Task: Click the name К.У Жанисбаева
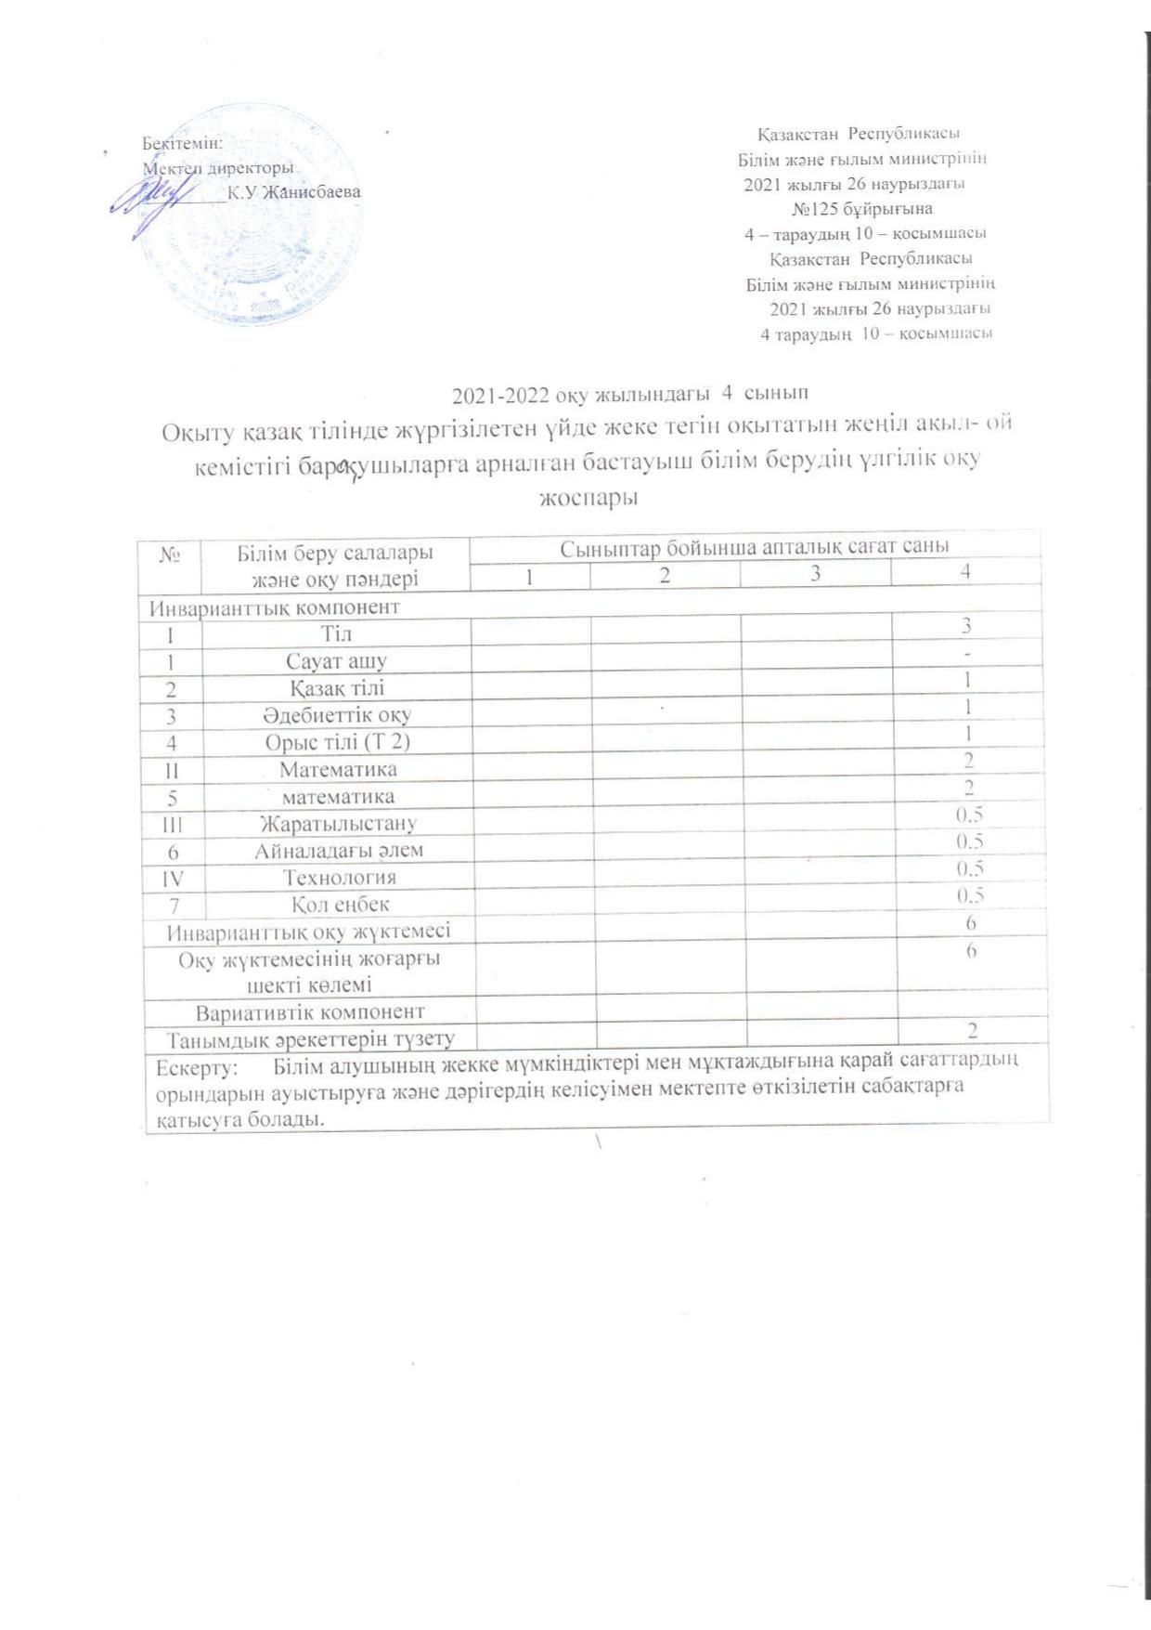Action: [294, 192]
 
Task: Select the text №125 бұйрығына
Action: [862, 208]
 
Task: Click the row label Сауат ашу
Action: [336, 661]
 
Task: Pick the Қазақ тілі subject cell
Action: [336, 688]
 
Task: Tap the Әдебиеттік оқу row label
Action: [336, 715]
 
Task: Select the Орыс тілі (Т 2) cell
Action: [336, 742]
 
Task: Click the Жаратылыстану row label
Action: [338, 824]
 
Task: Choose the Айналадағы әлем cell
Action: [339, 851]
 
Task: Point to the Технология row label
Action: [339, 878]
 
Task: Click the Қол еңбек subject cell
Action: [339, 905]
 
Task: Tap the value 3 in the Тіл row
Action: [966, 626]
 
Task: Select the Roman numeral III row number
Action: [173, 824]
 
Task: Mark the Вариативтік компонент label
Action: [310, 1011]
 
